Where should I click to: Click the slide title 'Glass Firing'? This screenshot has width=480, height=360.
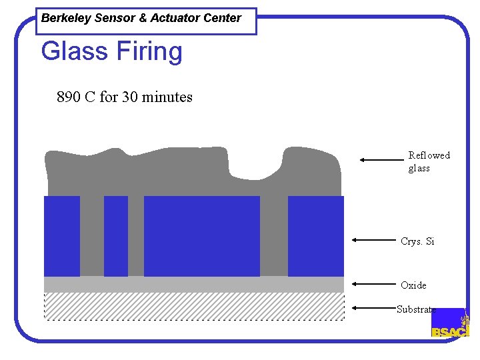(x=111, y=51)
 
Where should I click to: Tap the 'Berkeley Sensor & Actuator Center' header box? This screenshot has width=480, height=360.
(x=141, y=19)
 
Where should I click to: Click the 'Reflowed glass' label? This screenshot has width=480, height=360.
(x=429, y=161)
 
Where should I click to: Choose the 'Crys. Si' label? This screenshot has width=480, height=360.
(x=417, y=241)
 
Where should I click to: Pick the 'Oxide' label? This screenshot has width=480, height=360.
(x=413, y=285)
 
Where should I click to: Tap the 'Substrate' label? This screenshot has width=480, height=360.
(x=416, y=309)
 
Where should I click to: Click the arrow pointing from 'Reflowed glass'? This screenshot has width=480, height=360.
(x=381, y=160)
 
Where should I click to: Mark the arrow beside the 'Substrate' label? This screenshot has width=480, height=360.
(x=373, y=307)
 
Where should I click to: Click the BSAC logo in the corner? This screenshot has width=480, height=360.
(x=450, y=323)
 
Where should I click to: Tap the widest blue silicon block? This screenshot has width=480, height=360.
(x=201, y=236)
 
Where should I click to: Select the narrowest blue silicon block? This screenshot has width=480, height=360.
(x=116, y=236)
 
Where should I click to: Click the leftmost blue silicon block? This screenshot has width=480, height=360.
(x=62, y=236)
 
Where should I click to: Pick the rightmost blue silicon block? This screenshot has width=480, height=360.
(x=315, y=236)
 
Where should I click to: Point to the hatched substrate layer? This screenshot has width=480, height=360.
(x=193, y=307)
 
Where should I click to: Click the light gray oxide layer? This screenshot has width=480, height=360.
(x=193, y=285)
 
